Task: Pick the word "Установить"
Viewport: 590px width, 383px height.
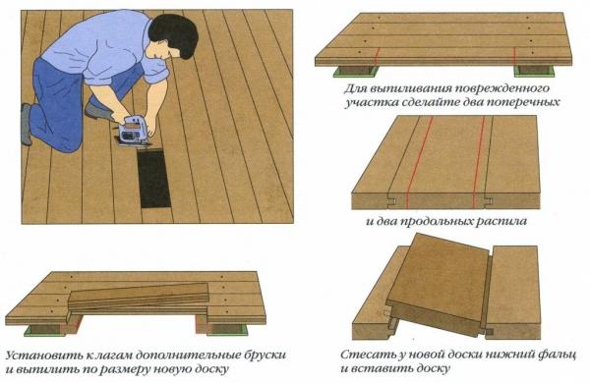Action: (x=42, y=353)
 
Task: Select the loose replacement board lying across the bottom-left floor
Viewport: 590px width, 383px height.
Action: (x=143, y=295)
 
